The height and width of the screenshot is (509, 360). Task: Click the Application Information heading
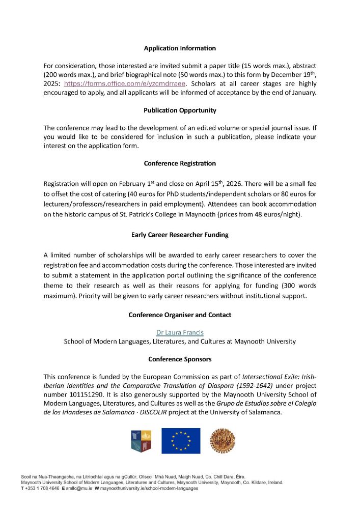[180, 48]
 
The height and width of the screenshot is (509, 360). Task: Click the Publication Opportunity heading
[180, 110]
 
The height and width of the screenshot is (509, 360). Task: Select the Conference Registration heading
[180, 163]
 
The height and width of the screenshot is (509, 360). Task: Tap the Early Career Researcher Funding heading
[180, 235]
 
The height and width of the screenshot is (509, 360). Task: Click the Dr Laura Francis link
[180, 332]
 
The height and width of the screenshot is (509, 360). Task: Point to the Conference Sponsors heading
[180, 359]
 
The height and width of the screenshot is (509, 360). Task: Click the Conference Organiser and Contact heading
[180, 315]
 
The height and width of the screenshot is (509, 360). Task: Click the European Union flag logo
[181, 441]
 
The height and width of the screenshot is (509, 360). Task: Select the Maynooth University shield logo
[141, 441]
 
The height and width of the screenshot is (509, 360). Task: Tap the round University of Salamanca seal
[220, 441]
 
